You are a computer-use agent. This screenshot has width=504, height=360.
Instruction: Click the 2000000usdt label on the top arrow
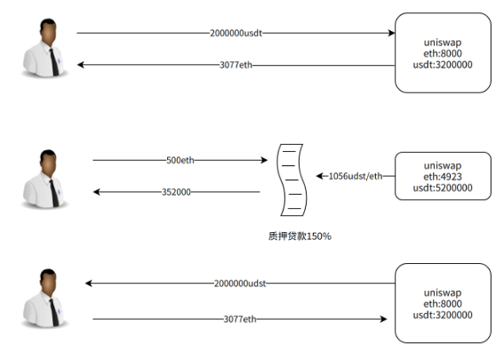click(236, 33)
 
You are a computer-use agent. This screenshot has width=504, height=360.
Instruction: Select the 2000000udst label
click(240, 284)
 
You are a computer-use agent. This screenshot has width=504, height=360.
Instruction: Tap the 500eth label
click(180, 160)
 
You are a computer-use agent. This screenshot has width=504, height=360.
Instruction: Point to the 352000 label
click(176, 192)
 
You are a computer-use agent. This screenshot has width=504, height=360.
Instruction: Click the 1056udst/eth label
click(356, 176)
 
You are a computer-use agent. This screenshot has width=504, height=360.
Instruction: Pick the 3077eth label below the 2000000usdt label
click(236, 65)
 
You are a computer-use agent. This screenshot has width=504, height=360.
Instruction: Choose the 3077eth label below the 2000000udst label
click(240, 319)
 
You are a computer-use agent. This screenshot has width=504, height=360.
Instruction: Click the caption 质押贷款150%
click(300, 236)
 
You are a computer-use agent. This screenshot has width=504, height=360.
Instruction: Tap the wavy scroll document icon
click(292, 180)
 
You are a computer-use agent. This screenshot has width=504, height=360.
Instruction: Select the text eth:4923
click(443, 177)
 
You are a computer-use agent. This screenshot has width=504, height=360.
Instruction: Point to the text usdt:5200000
click(443, 188)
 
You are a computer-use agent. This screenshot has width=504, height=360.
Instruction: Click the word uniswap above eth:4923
click(443, 165)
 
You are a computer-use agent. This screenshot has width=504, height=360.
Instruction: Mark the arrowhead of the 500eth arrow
click(265, 160)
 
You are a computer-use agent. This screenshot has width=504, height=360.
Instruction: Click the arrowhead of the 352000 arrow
click(96, 192)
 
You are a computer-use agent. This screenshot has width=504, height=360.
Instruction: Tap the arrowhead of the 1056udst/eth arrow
click(319, 176)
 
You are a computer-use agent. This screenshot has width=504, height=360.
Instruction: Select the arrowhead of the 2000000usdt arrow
click(392, 33)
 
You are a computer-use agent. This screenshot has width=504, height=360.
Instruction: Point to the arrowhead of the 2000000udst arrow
click(88, 284)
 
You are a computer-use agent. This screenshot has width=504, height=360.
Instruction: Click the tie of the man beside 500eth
click(54, 193)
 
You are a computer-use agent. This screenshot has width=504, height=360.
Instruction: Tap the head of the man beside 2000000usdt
click(48, 32)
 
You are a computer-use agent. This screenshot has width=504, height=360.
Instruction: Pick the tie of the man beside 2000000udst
click(54, 312)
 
